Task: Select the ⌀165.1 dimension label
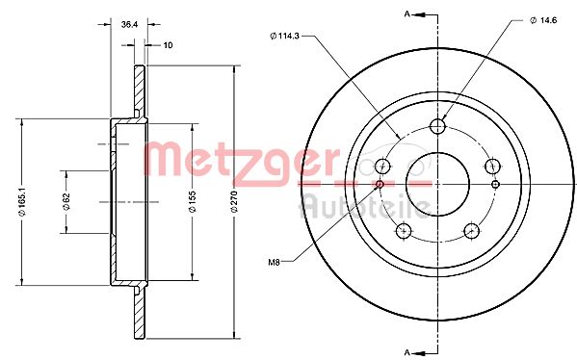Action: (x=20, y=202)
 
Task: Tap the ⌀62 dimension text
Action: (x=66, y=202)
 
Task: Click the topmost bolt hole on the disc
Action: (x=437, y=125)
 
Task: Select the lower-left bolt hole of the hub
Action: (x=404, y=229)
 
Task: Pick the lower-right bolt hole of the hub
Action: (x=471, y=229)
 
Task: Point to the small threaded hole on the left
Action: (x=380, y=183)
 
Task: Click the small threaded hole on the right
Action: (x=495, y=183)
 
